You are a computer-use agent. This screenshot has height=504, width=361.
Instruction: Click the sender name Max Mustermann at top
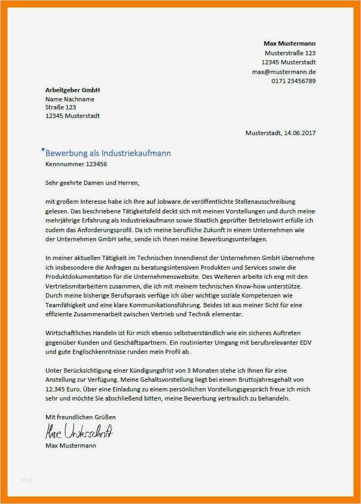(289, 43)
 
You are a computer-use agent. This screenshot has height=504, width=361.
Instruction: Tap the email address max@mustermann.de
(284, 72)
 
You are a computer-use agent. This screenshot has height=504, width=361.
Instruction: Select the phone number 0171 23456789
(293, 81)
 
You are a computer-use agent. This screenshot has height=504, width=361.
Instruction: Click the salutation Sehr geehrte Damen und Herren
(92, 183)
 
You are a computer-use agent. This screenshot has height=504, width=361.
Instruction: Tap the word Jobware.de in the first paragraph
(152, 202)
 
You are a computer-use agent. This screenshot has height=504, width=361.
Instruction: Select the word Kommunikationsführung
(164, 305)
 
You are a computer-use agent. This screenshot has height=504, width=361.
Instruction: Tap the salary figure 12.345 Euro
(64, 390)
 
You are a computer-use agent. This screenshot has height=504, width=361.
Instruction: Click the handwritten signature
(78, 431)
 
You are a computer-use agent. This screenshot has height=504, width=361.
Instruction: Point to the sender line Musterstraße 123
(290, 53)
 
